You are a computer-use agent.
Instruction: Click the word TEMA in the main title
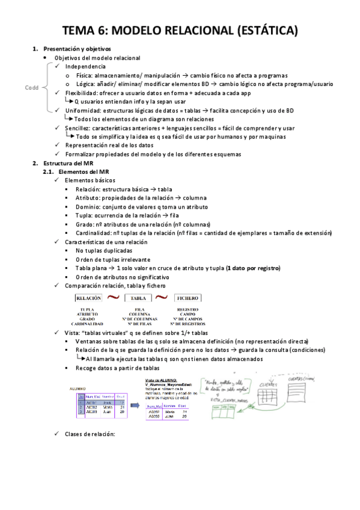[x=82, y=29]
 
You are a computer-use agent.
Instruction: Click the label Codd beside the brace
[x=31, y=88]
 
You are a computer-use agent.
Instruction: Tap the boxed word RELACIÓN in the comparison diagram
[x=88, y=297]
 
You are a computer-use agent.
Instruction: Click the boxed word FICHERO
[x=188, y=297]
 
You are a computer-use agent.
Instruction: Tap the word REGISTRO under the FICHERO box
[x=188, y=310]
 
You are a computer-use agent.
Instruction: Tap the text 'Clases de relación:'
[x=89, y=434]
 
